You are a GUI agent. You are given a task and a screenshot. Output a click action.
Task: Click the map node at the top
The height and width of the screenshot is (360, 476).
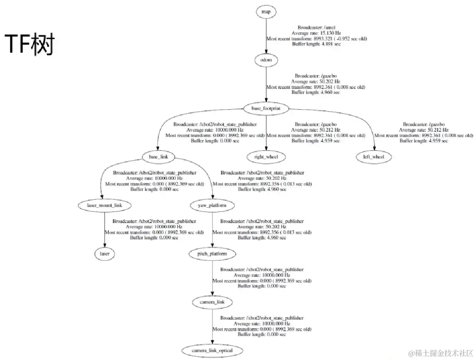click(x=266, y=12)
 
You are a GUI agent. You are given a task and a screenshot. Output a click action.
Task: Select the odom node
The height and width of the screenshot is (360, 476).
click(x=266, y=60)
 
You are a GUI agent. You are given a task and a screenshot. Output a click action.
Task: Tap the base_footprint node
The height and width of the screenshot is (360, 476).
click(x=266, y=109)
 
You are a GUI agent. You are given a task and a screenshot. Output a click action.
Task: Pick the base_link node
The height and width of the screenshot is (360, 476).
click(x=158, y=157)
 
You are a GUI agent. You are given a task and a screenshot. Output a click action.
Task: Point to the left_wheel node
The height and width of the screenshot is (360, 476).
click(x=374, y=157)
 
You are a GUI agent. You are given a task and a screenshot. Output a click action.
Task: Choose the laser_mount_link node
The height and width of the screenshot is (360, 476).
click(x=105, y=205)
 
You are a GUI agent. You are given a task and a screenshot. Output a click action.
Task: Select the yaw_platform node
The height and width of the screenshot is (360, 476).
click(x=212, y=205)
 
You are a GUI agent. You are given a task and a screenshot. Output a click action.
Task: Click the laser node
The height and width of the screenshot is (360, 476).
click(x=105, y=254)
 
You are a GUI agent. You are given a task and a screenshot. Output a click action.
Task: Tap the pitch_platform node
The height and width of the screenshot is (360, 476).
click(x=212, y=254)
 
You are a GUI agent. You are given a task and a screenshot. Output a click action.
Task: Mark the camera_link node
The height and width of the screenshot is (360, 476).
click(x=212, y=303)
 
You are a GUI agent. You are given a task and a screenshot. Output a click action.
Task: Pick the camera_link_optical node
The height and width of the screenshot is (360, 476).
click(x=212, y=351)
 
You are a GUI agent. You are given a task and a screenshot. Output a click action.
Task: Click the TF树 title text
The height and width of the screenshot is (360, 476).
click(x=29, y=44)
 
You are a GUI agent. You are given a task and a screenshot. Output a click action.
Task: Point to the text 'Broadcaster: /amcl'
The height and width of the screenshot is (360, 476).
click(x=317, y=28)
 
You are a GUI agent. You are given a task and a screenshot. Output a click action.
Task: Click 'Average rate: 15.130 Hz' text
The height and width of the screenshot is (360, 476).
click(x=317, y=33)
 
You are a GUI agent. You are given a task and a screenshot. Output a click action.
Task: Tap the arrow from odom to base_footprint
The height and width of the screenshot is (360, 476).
click(x=266, y=85)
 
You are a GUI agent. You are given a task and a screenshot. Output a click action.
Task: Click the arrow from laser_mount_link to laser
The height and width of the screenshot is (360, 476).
click(x=105, y=230)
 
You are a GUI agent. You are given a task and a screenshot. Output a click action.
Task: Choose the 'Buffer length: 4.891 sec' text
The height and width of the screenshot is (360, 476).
click(x=317, y=44)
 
